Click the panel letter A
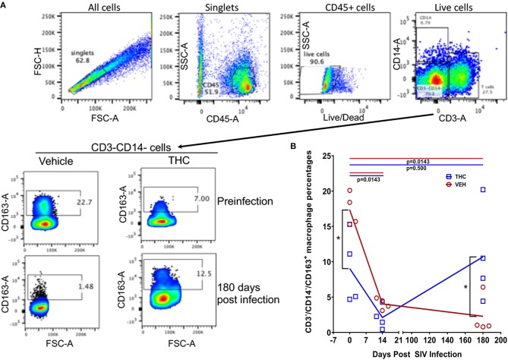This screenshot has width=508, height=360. [6, 6]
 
